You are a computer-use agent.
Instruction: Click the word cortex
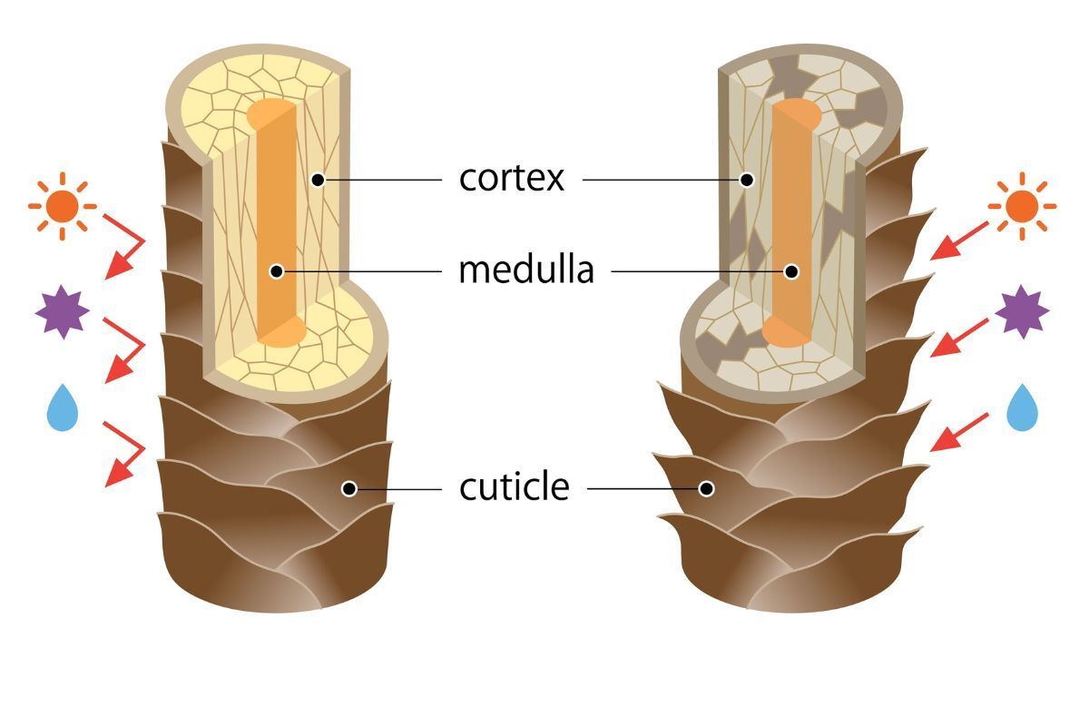coord(512,179)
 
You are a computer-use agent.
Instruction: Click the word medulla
coord(526,270)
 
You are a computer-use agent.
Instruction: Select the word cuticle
coord(514,488)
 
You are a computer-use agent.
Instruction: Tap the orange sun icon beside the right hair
coord(1022,206)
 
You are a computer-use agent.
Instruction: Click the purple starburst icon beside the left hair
coord(62,311)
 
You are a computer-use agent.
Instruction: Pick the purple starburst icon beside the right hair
coord(1022,311)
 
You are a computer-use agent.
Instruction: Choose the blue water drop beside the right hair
coord(1022,407)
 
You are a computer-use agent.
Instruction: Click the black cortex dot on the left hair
coord(317,180)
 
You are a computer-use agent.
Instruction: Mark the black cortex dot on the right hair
coord(746,180)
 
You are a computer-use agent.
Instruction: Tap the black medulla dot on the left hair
coord(277,270)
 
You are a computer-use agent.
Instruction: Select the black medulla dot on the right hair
coord(791,270)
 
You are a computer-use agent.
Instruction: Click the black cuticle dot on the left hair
coord(348,489)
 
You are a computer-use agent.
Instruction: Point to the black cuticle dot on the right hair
coord(707,489)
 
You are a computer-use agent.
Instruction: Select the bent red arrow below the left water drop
coord(125,453)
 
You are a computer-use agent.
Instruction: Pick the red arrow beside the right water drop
coord(959,432)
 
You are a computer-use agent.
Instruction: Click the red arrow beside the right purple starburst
coord(959,336)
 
